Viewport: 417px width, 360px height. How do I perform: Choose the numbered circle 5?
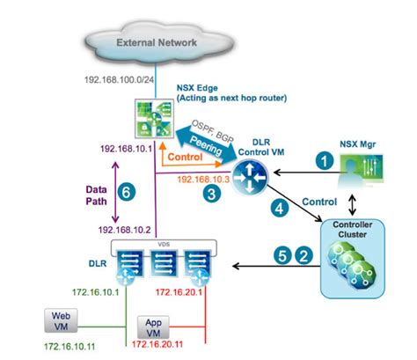282,258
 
